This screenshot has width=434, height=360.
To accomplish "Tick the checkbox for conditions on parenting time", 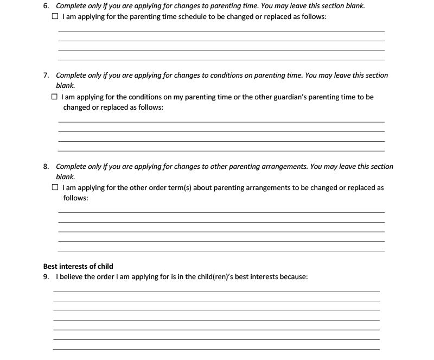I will point(55,97).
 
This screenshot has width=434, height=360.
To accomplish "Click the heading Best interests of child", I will point(78,266).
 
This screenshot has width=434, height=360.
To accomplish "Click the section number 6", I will point(46,5).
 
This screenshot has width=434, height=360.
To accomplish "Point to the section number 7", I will point(46,75).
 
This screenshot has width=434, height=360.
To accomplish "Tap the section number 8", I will point(46,166).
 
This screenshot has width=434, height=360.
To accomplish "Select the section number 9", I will point(46,276).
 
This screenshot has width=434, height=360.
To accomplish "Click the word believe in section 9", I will point(71,276).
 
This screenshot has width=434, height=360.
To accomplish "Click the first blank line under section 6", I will point(221,30).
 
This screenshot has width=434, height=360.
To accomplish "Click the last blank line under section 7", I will point(221,150).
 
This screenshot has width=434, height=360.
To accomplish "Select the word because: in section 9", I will point(293,276).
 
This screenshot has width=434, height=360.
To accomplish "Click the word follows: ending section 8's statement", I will point(75,198).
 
